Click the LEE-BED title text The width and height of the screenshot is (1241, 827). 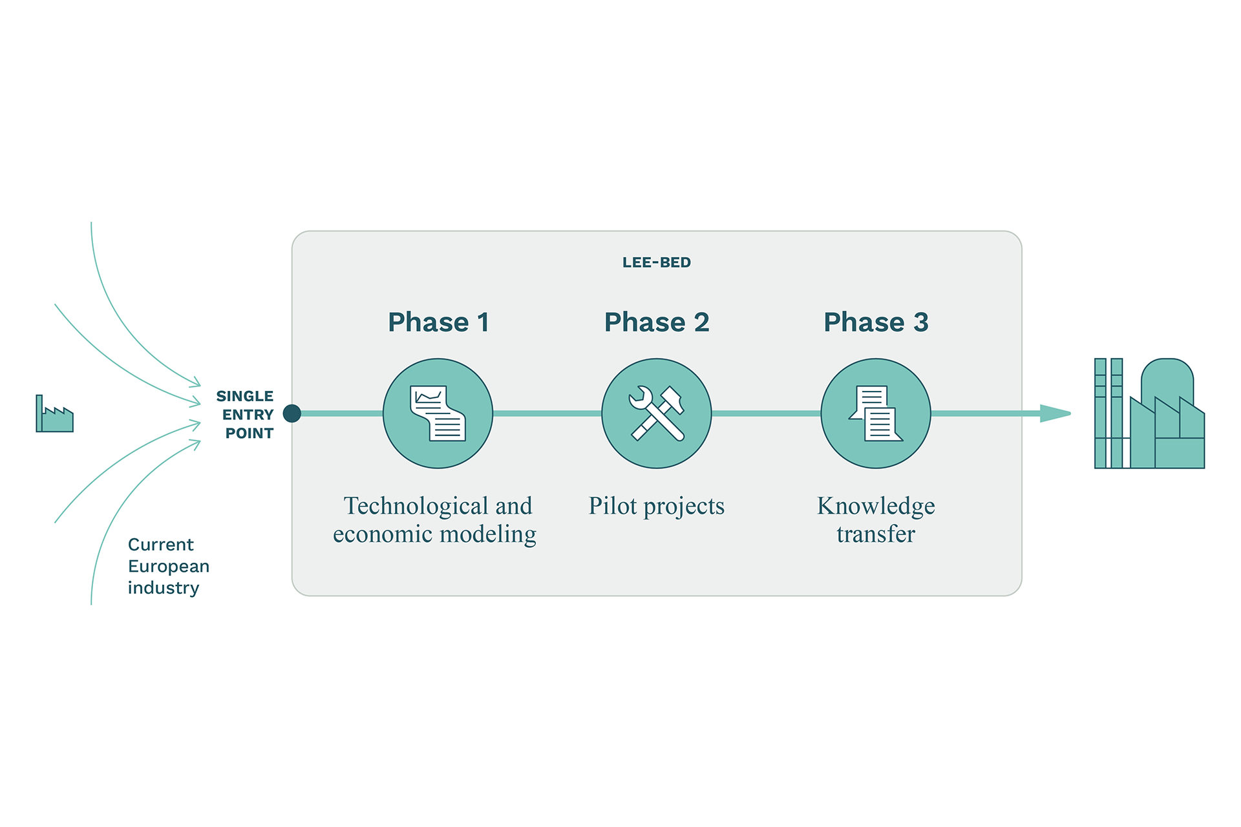pyautogui.click(x=656, y=262)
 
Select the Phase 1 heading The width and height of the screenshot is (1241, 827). pyautogui.click(x=438, y=322)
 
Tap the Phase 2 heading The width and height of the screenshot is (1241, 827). pyautogui.click(x=657, y=322)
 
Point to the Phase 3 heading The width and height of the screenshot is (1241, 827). pyautogui.click(x=876, y=322)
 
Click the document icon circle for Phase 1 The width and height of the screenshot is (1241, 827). pyautogui.click(x=438, y=413)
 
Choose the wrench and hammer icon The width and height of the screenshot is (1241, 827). pyautogui.click(x=657, y=413)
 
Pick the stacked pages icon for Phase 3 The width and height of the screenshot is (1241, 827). pyautogui.click(x=876, y=413)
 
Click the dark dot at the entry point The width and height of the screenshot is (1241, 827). pyautogui.click(x=292, y=413)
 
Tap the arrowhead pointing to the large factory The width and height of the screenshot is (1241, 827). pyautogui.click(x=1055, y=413)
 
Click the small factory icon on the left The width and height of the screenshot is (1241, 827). pyautogui.click(x=54, y=415)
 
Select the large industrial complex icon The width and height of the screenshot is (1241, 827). pyautogui.click(x=1149, y=413)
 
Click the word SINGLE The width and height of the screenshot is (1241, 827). pyautogui.click(x=244, y=396)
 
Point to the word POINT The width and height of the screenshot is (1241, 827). pyautogui.click(x=249, y=434)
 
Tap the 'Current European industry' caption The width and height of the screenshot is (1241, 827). pyautogui.click(x=168, y=566)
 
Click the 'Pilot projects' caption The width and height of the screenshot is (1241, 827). pyautogui.click(x=657, y=507)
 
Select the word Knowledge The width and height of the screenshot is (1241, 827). pyautogui.click(x=876, y=507)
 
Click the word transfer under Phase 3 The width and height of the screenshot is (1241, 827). pyautogui.click(x=876, y=534)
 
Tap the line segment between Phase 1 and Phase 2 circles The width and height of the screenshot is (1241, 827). pyautogui.click(x=547, y=413)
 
